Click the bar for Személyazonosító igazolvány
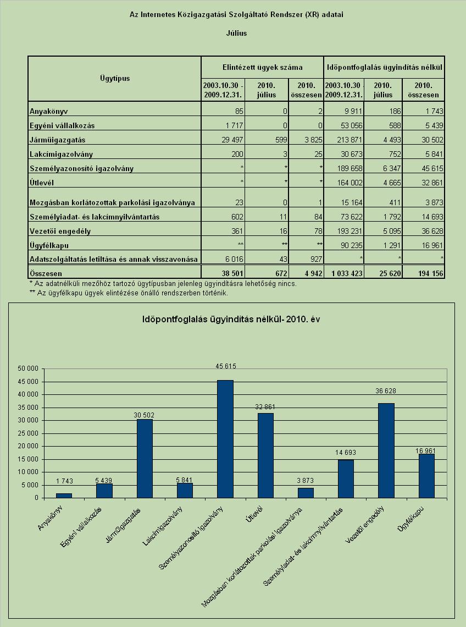(225, 439)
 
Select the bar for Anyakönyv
(64, 496)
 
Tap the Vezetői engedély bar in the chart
(386, 450)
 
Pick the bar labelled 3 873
(306, 493)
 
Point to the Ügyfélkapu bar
(426, 476)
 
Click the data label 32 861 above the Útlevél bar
(265, 406)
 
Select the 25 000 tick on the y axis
(28, 433)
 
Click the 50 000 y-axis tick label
(28, 369)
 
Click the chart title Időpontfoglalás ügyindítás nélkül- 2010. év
(231, 319)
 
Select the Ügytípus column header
(115, 78)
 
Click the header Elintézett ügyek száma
(262, 67)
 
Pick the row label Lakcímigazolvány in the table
(61, 154)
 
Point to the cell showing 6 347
(392, 168)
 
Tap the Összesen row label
(46, 273)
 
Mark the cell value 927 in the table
(316, 259)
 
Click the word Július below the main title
(237, 33)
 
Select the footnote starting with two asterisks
(129, 293)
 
